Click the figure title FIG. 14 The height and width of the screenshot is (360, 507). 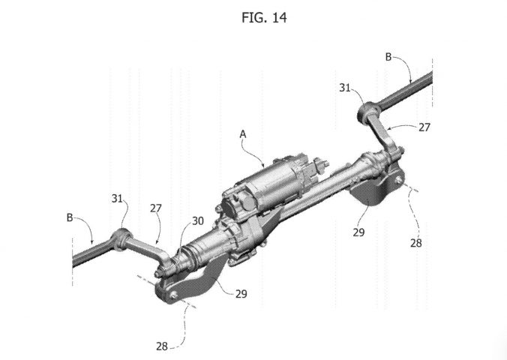(x=264, y=17)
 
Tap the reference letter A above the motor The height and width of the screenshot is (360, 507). (x=243, y=134)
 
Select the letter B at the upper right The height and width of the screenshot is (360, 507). (x=388, y=57)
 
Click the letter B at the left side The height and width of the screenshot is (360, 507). (x=70, y=217)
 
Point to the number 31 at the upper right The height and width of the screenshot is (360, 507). (x=345, y=88)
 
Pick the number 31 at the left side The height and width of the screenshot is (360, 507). (x=117, y=198)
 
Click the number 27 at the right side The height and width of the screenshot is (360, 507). (x=424, y=127)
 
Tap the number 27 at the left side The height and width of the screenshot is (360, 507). (x=155, y=208)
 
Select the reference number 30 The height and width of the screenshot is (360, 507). (x=198, y=221)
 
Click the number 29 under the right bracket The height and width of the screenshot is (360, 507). (x=358, y=232)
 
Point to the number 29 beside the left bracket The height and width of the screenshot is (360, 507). (x=241, y=294)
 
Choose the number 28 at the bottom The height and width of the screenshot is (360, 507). (x=162, y=346)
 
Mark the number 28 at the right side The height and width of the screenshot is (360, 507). (x=416, y=242)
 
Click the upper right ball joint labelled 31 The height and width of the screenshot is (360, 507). (x=368, y=112)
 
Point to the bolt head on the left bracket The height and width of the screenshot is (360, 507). (x=174, y=295)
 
